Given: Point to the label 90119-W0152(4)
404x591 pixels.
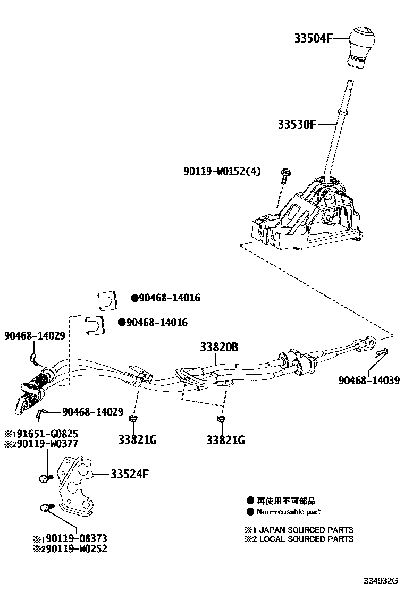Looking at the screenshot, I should [222, 171].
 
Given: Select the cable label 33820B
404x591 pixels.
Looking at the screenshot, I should [219, 348].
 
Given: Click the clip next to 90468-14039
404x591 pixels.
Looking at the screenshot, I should [382, 352].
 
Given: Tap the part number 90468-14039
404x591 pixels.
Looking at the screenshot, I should [369, 381].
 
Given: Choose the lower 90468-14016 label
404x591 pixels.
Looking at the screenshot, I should [156, 323].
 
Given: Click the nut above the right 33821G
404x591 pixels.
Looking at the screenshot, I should [220, 420].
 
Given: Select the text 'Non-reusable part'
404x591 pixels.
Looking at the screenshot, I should [289, 512].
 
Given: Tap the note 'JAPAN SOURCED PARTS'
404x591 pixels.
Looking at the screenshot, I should [306, 530].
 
